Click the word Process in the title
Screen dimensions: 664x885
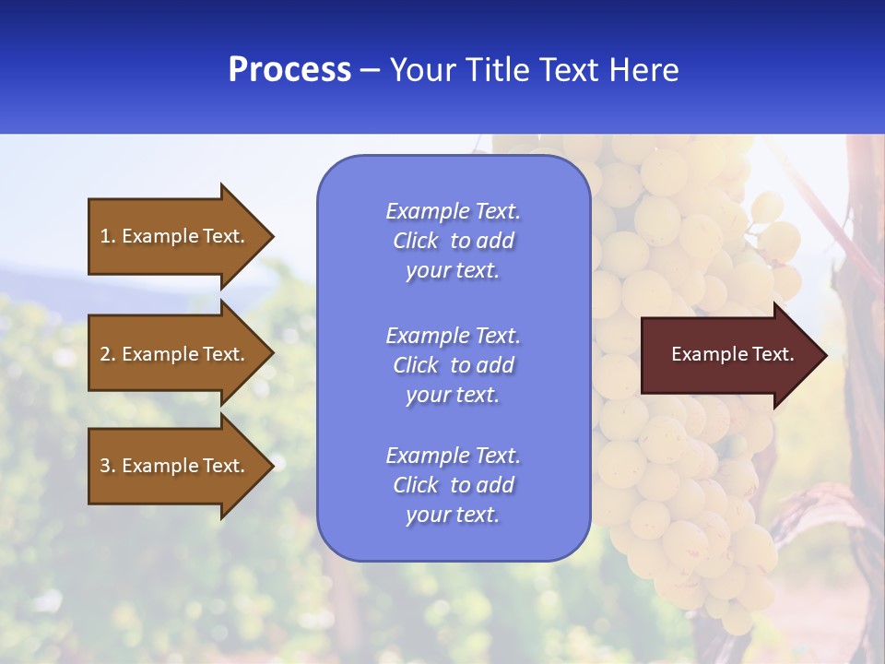[x=289, y=70]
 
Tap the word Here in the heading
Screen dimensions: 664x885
[x=644, y=70]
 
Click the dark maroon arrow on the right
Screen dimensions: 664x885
[x=728, y=354]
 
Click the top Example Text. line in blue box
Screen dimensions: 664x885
[x=453, y=211]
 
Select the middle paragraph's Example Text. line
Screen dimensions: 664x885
[x=453, y=336]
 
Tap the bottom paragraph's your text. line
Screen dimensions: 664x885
[x=453, y=515]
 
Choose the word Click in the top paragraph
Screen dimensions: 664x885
[x=416, y=241]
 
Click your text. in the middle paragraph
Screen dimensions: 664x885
[x=453, y=395]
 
